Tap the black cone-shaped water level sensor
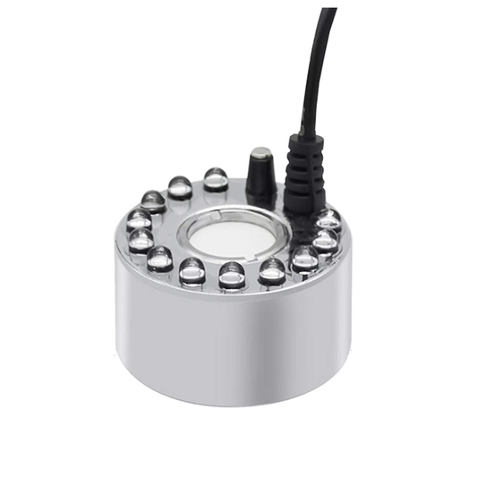(261, 179)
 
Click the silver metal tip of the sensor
(261, 153)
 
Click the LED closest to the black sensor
(216, 179)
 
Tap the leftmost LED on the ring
(138, 218)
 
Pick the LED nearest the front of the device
(232, 274)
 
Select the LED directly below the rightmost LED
(324, 241)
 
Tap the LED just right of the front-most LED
(271, 271)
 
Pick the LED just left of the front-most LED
(192, 269)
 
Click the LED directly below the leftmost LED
(141, 240)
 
